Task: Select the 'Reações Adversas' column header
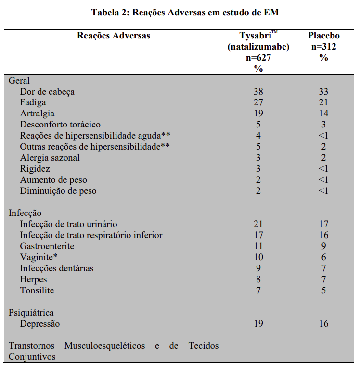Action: click(x=114, y=36)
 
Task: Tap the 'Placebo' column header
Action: click(x=323, y=36)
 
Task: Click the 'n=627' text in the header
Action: click(x=258, y=58)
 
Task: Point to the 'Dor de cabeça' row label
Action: click(x=47, y=91)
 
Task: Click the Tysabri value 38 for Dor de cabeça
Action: click(x=258, y=91)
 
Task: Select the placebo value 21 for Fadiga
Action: click(x=323, y=102)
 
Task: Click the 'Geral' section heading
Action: click(x=19, y=80)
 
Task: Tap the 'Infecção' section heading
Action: click(x=25, y=213)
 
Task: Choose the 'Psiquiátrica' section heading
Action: click(x=31, y=313)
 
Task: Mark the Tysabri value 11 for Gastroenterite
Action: click(x=258, y=246)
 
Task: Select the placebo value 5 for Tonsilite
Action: click(x=323, y=290)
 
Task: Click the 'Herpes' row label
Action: click(x=34, y=279)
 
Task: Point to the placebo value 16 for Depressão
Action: click(x=323, y=324)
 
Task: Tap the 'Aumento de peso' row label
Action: click(x=53, y=180)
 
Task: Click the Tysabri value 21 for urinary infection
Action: click(x=258, y=224)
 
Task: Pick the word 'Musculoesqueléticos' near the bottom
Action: click(x=104, y=346)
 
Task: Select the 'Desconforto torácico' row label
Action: click(x=60, y=125)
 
